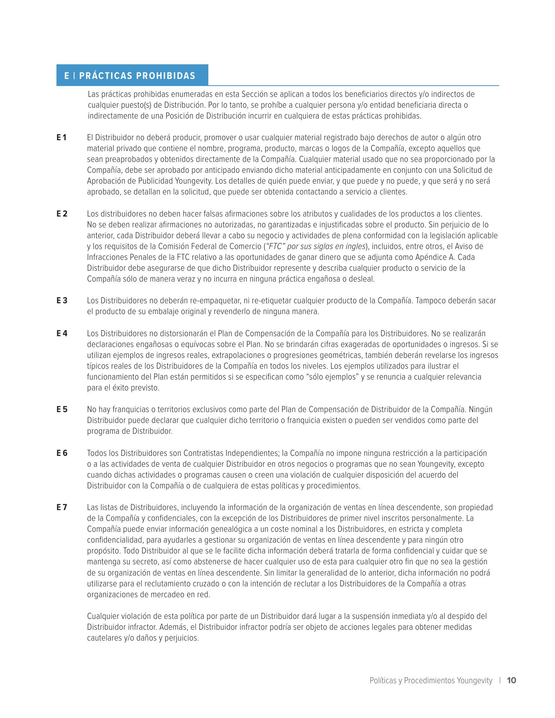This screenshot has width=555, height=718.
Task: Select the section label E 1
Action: tap(62, 138)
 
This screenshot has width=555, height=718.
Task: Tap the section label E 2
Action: tap(62, 214)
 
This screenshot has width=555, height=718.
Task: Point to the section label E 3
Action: tap(62, 301)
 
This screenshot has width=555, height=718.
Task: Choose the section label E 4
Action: tap(62, 334)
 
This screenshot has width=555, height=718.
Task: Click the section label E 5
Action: tap(62, 409)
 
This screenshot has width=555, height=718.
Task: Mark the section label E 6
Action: tap(62, 453)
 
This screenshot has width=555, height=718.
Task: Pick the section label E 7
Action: tap(62, 507)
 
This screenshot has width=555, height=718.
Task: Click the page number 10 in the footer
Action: tap(512, 680)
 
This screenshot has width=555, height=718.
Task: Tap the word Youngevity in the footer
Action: tap(474, 681)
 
